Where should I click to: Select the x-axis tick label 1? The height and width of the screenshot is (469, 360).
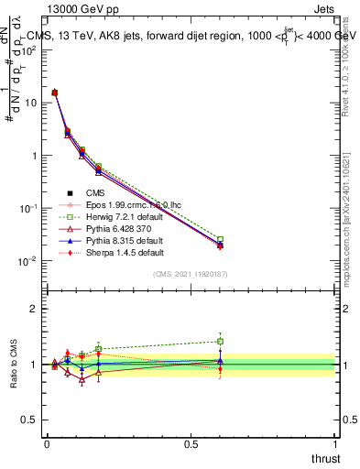[x=335, y=443]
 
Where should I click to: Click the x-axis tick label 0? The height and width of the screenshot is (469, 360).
[x=46, y=443]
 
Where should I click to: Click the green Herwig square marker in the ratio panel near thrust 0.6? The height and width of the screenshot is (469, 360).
[x=220, y=342]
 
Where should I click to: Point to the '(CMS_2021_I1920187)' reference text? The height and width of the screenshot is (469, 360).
[x=190, y=274]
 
